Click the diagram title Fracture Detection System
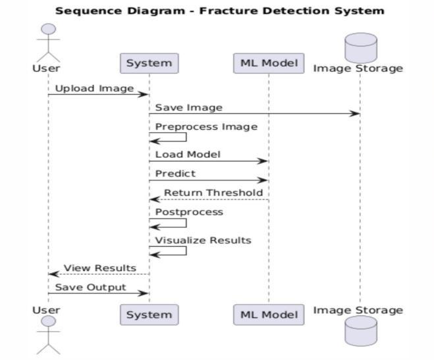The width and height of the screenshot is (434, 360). (219, 11)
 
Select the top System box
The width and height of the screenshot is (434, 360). (149, 63)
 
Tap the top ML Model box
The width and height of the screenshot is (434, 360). (268, 63)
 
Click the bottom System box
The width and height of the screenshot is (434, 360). (149, 315)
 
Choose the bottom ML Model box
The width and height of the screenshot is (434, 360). (268, 315)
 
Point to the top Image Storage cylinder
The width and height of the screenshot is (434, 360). (360, 46)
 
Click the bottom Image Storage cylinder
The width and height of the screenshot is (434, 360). (360, 332)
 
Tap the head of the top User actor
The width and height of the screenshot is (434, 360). (48, 30)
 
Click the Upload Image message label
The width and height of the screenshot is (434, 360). (94, 88)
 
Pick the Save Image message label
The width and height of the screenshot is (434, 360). (188, 107)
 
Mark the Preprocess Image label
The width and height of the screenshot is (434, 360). (206, 126)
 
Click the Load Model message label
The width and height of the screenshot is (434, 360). (188, 155)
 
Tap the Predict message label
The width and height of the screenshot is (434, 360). (175, 174)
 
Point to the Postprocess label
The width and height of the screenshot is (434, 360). (189, 212)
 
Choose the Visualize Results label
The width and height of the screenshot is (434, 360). (203, 240)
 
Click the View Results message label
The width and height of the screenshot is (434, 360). (99, 268)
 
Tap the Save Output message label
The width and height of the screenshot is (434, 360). (90, 287)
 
